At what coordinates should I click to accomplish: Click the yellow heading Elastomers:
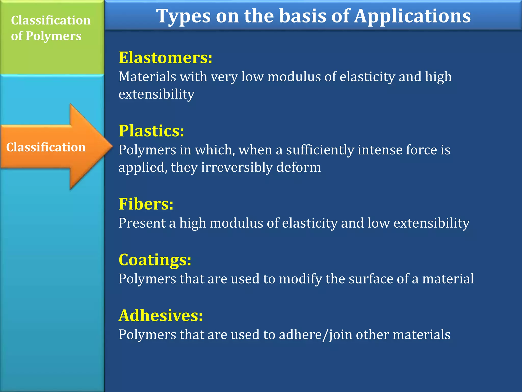tap(165, 58)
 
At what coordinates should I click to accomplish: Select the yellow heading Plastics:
tap(151, 131)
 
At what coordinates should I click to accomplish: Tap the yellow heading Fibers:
tap(146, 204)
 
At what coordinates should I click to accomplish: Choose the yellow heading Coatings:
tap(155, 260)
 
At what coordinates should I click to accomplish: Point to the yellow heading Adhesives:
tap(161, 315)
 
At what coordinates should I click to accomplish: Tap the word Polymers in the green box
tap(54, 36)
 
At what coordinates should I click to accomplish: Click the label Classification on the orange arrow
tap(46, 147)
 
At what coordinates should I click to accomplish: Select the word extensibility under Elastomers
tap(156, 94)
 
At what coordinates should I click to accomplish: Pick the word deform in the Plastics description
tap(298, 167)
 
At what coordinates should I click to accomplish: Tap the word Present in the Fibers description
tap(142, 223)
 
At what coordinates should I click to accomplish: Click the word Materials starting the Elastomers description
tap(147, 77)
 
